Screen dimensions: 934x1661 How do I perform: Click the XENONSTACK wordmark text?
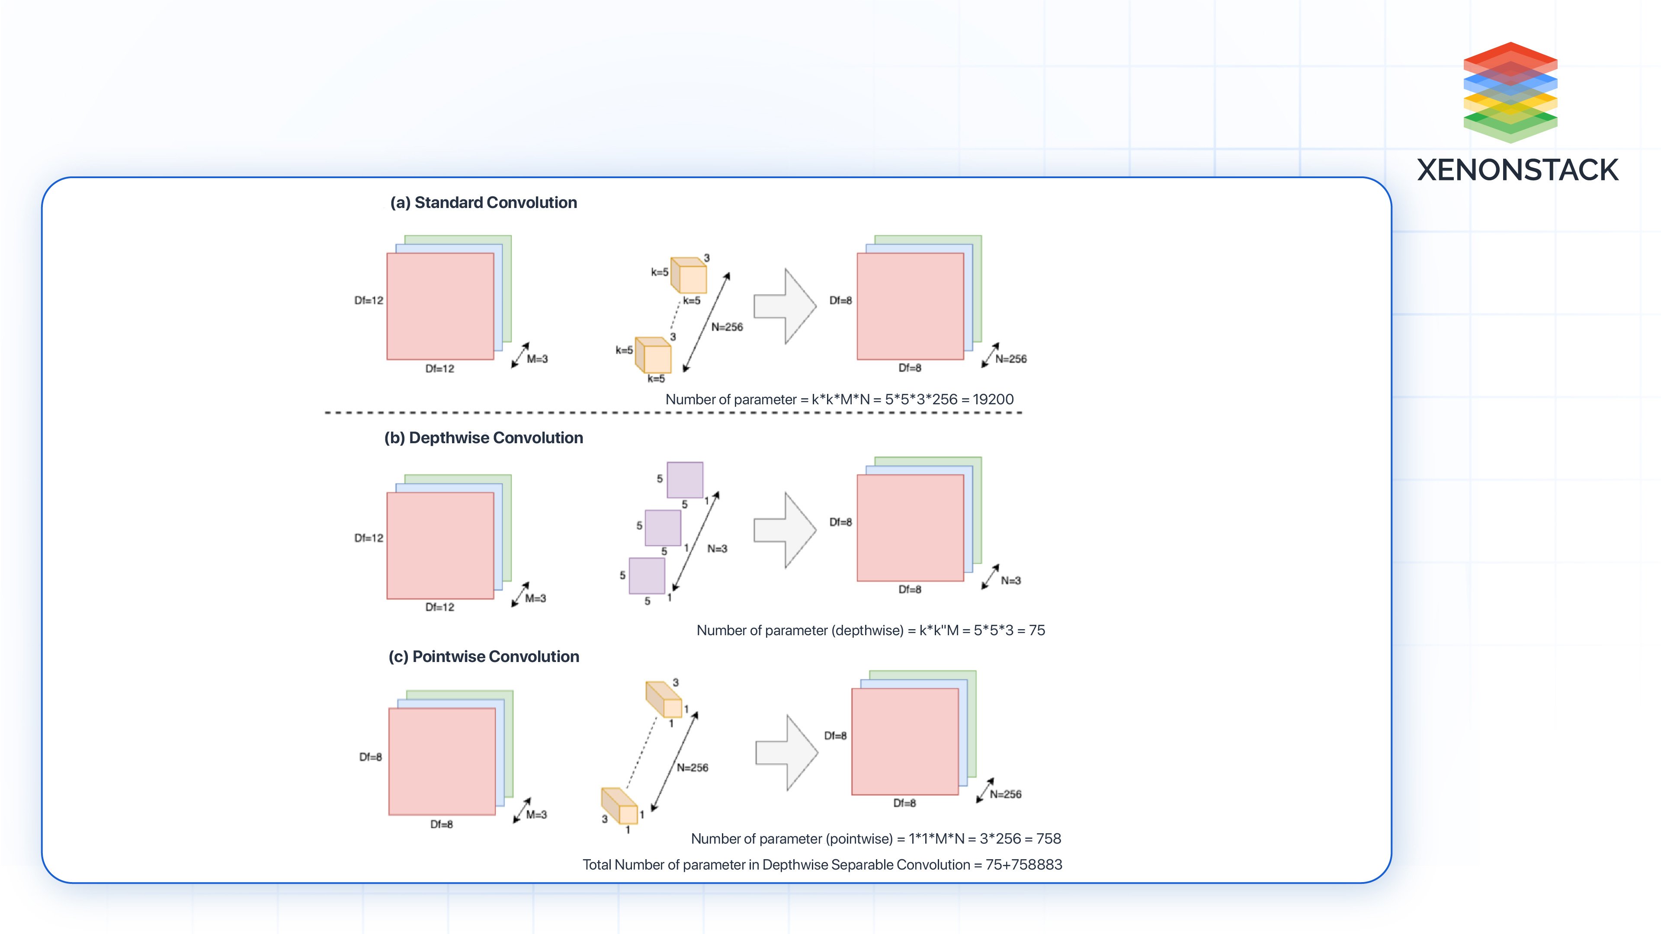pyautogui.click(x=1517, y=170)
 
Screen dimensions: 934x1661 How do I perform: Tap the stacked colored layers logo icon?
pyautogui.click(x=1510, y=92)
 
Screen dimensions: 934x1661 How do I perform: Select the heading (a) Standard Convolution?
pyautogui.click(x=483, y=202)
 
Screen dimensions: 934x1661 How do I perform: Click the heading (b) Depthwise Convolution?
pyautogui.click(x=483, y=438)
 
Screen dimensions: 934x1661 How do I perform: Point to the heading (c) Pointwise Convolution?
pyautogui.click(x=483, y=656)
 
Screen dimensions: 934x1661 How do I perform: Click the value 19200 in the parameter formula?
pyautogui.click(x=993, y=399)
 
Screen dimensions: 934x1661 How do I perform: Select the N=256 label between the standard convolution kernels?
pyautogui.click(x=727, y=327)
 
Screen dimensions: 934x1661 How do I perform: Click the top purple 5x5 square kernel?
pyautogui.click(x=685, y=480)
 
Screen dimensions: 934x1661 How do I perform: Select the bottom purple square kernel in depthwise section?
pyautogui.click(x=647, y=576)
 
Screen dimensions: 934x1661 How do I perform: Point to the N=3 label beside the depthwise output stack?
pyautogui.click(x=1010, y=581)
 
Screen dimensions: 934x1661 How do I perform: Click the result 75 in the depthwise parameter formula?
pyautogui.click(x=1037, y=630)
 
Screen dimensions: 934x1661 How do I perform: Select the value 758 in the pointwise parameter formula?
pyautogui.click(x=1049, y=838)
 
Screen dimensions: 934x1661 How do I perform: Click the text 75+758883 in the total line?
pyautogui.click(x=1023, y=864)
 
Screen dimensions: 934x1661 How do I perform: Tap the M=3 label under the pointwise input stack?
pyautogui.click(x=536, y=815)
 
